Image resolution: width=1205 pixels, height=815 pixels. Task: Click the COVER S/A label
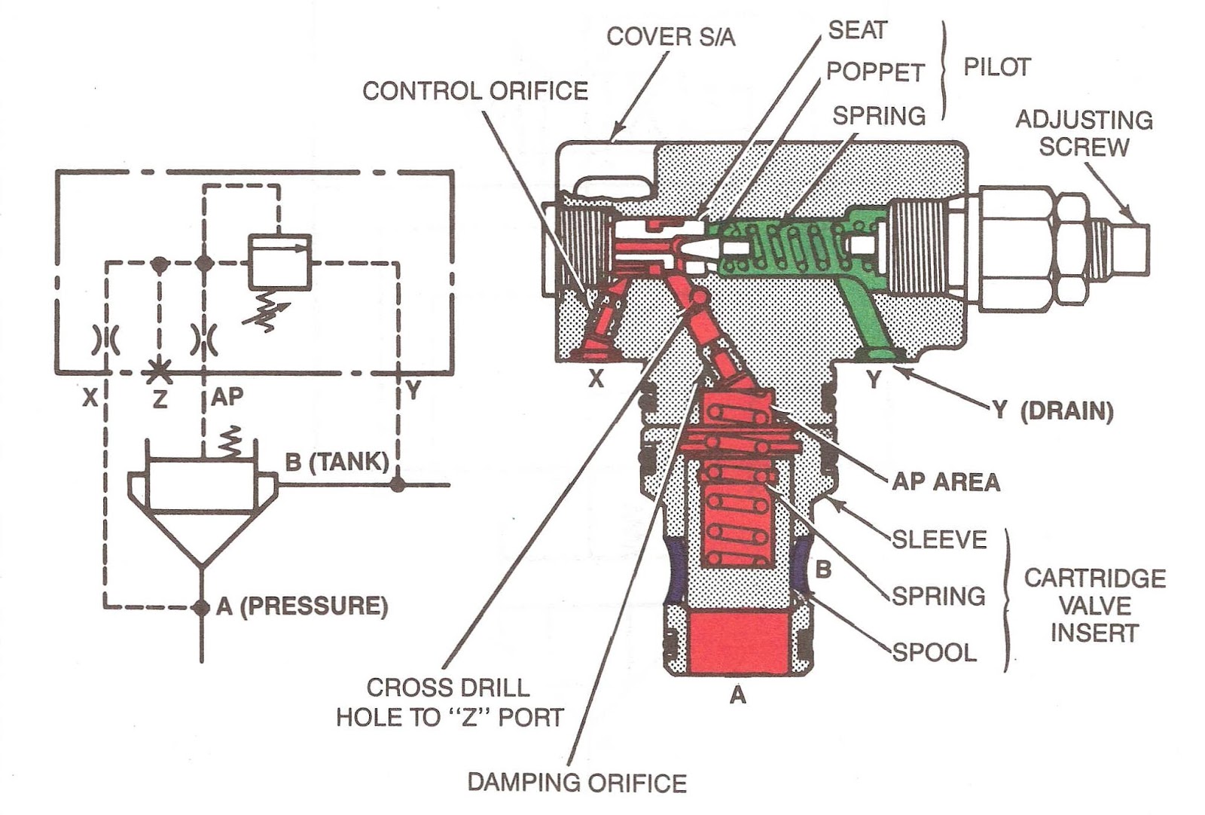point(670,36)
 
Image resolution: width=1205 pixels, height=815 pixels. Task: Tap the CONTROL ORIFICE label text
point(474,91)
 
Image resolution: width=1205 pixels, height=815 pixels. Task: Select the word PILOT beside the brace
point(996,67)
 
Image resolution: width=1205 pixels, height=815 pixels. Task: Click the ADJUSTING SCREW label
point(1084,133)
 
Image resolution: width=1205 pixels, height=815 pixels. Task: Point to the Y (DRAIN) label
point(1052,411)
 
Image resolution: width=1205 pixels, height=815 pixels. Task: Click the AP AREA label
point(945,481)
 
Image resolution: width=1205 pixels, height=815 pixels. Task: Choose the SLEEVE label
point(939,539)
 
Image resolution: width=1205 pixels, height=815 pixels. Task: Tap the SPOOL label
point(934,652)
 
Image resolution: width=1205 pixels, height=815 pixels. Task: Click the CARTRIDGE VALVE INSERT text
point(1094,605)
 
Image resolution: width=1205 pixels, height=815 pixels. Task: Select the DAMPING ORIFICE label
point(577,783)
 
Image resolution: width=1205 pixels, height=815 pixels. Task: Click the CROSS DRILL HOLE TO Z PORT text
point(450,702)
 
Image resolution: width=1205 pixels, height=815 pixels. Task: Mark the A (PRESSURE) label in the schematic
point(301,606)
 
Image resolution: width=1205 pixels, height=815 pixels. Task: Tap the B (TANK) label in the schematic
point(337,461)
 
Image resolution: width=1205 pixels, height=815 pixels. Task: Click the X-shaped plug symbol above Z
point(159,371)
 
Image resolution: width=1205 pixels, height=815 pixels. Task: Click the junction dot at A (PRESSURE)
point(201,606)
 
